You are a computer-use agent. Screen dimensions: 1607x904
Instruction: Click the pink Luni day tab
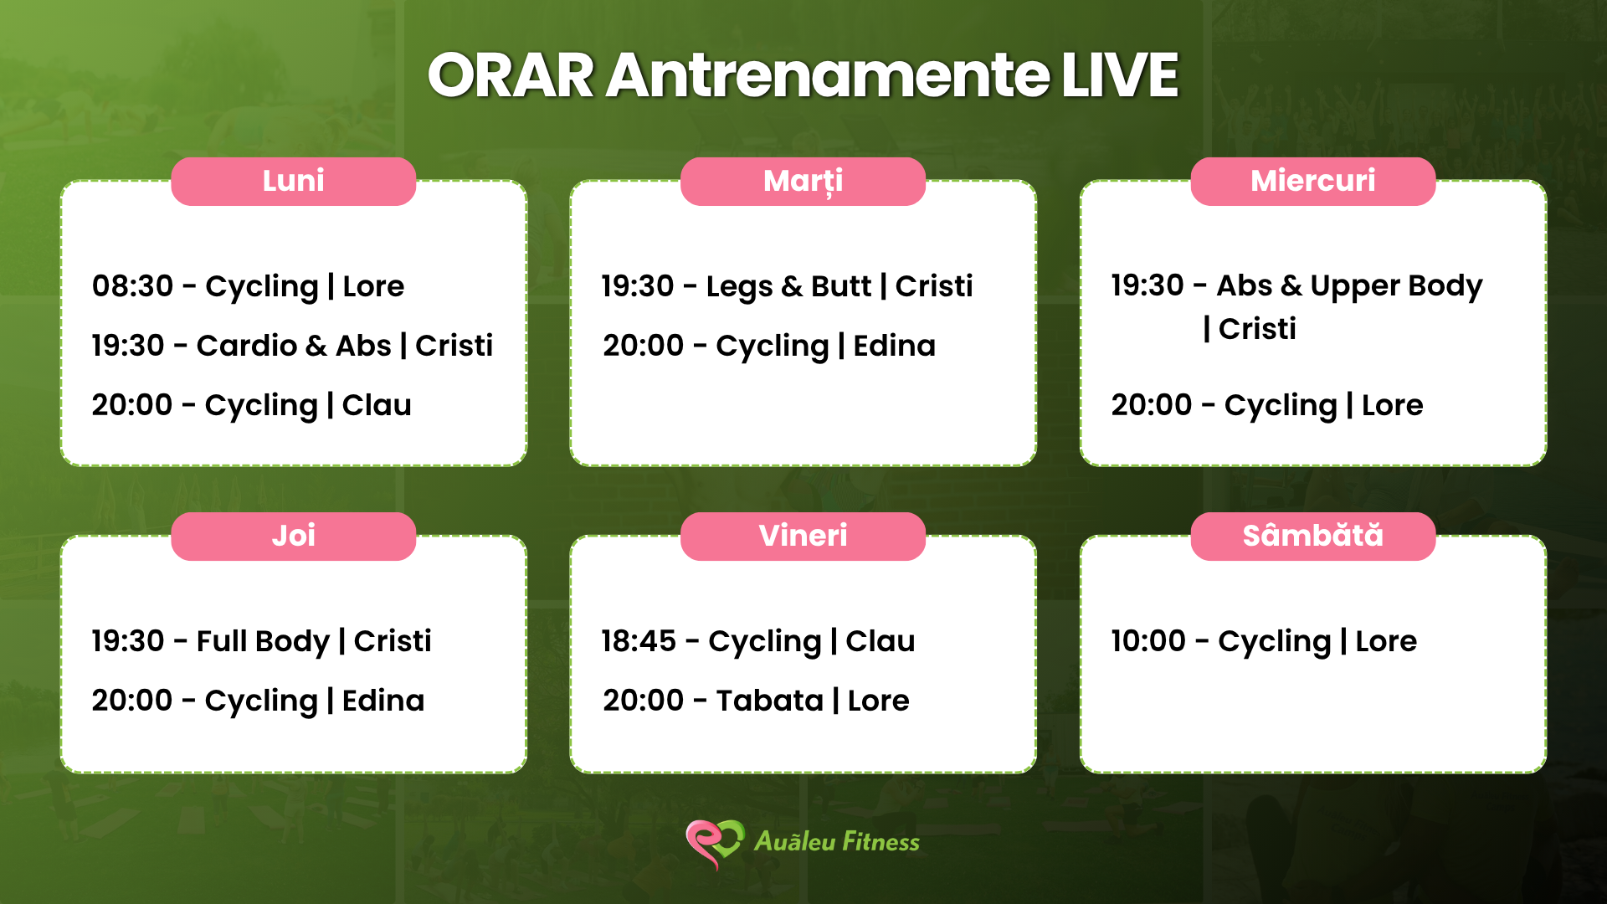[293, 181]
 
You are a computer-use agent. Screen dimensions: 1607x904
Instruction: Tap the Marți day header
[803, 181]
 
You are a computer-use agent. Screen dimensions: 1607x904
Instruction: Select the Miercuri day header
[1312, 181]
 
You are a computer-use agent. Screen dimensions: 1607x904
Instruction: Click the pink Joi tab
[293, 536]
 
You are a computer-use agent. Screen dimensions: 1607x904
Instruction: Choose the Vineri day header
[803, 536]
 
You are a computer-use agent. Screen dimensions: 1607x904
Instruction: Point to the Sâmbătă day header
[1312, 536]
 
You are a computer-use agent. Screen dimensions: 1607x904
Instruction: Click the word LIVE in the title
[1120, 75]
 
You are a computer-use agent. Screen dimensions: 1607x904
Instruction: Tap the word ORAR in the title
[511, 75]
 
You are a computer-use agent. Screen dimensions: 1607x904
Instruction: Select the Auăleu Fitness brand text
[837, 841]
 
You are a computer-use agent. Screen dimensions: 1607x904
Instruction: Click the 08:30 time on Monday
[132, 286]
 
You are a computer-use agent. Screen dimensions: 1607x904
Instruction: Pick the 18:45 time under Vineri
[639, 641]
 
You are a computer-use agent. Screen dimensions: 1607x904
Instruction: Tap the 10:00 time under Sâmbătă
[1148, 641]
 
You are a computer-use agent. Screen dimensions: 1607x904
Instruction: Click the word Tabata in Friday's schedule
[770, 701]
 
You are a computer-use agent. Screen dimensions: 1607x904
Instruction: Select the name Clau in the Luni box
[377, 405]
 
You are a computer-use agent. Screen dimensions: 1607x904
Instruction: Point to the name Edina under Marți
[894, 346]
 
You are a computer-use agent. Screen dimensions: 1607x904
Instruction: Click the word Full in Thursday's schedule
[222, 641]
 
